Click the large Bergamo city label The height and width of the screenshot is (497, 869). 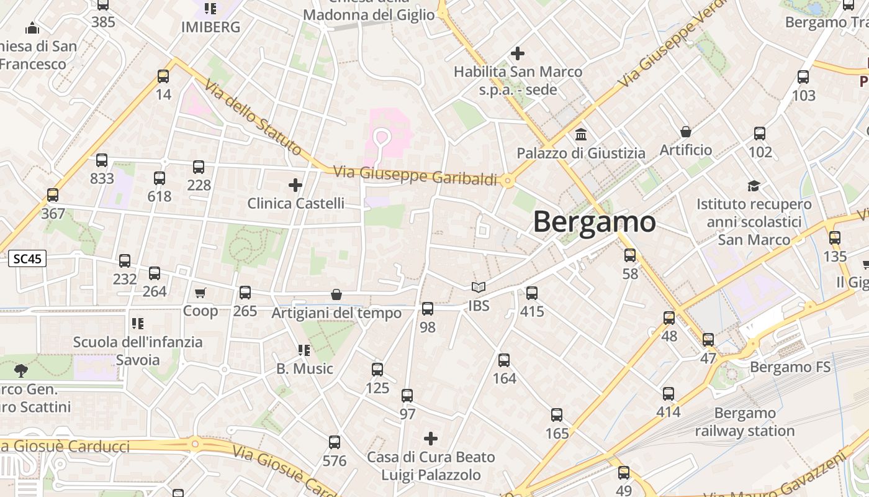tap(594, 222)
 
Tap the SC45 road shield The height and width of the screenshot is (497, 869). tap(28, 259)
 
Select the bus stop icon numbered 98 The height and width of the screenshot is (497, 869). tap(428, 309)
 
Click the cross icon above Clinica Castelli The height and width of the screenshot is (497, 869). tap(295, 185)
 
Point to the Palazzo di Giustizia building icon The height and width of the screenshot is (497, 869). tap(581, 134)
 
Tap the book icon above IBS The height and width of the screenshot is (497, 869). tap(478, 288)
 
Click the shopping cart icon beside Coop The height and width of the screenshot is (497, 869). tap(200, 293)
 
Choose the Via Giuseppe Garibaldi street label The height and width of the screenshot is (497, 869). tap(415, 175)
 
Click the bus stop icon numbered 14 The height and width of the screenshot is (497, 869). tap(163, 76)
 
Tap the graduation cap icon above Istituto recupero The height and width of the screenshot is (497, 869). tap(754, 186)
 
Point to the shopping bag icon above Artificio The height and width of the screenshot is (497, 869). tap(686, 132)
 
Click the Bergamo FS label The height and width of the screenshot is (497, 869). tap(790, 367)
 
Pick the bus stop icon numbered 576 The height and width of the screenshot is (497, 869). tap(335, 442)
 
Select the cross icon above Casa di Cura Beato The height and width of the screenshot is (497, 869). tap(430, 439)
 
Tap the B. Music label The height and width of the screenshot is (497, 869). tap(305, 369)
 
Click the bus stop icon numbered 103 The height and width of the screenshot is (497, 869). tap(803, 77)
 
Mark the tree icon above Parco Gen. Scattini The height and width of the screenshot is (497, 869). tap(20, 371)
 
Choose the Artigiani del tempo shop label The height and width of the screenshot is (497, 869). tap(336, 313)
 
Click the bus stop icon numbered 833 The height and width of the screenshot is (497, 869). tap(102, 160)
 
